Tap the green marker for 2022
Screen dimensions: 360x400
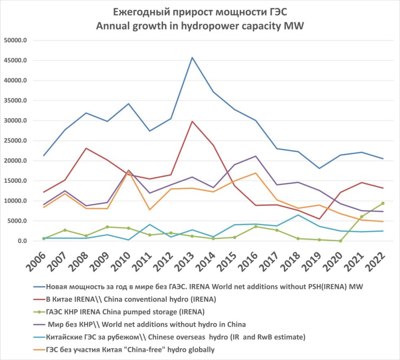[x=383, y=203]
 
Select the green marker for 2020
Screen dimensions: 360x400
[x=341, y=241]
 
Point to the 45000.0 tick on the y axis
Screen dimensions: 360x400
[x=15, y=61]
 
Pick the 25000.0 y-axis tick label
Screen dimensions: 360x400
[x=15, y=141]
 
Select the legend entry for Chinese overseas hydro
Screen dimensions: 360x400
[x=175, y=337]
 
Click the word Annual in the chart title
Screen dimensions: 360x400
[x=112, y=26]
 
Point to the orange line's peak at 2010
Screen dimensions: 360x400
[x=129, y=173]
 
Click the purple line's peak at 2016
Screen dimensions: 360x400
[x=256, y=156]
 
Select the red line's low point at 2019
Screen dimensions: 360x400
[x=319, y=219]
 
